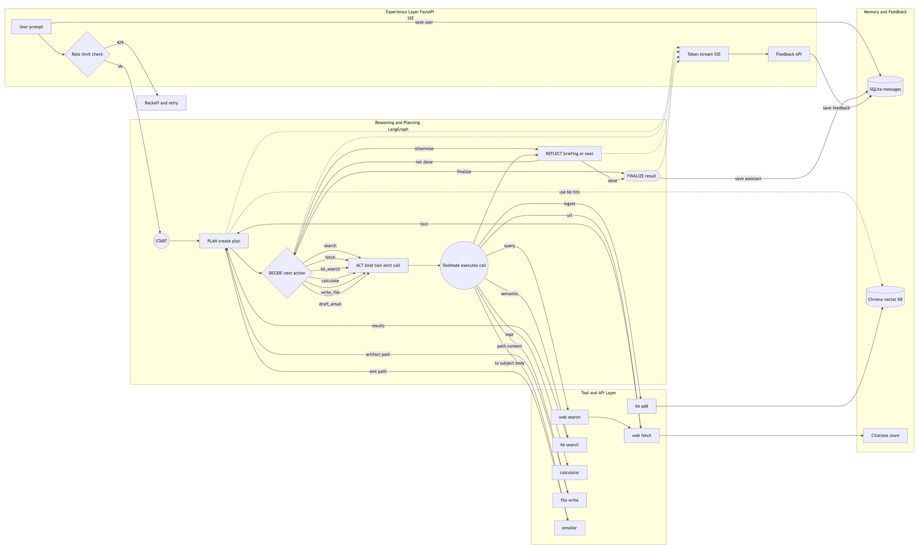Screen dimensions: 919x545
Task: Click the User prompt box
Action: [31, 27]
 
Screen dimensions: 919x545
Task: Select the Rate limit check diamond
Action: [88, 54]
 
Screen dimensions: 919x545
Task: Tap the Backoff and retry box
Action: [161, 103]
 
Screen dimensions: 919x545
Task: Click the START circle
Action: [161, 241]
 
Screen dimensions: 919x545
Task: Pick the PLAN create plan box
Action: [224, 241]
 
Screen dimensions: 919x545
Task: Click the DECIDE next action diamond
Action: [287, 273]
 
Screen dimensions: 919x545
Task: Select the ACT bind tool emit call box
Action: [378, 265]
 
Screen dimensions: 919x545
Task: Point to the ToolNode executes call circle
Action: [464, 265]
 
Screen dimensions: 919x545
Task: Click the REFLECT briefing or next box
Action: [570, 154]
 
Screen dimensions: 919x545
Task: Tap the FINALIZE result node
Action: [641, 176]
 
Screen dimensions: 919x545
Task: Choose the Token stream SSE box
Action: [704, 54]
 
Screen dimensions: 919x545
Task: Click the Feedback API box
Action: [789, 54]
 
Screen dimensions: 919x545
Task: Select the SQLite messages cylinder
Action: [885, 87]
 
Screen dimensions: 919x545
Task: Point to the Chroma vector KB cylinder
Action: [885, 297]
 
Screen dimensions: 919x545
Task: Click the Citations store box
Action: [885, 435]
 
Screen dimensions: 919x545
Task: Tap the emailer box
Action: [570, 528]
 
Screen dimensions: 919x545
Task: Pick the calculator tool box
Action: [570, 472]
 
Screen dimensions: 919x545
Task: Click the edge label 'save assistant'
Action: [748, 179]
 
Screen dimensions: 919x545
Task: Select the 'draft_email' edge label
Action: [330, 304]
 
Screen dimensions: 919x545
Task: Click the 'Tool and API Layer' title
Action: [599, 393]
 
